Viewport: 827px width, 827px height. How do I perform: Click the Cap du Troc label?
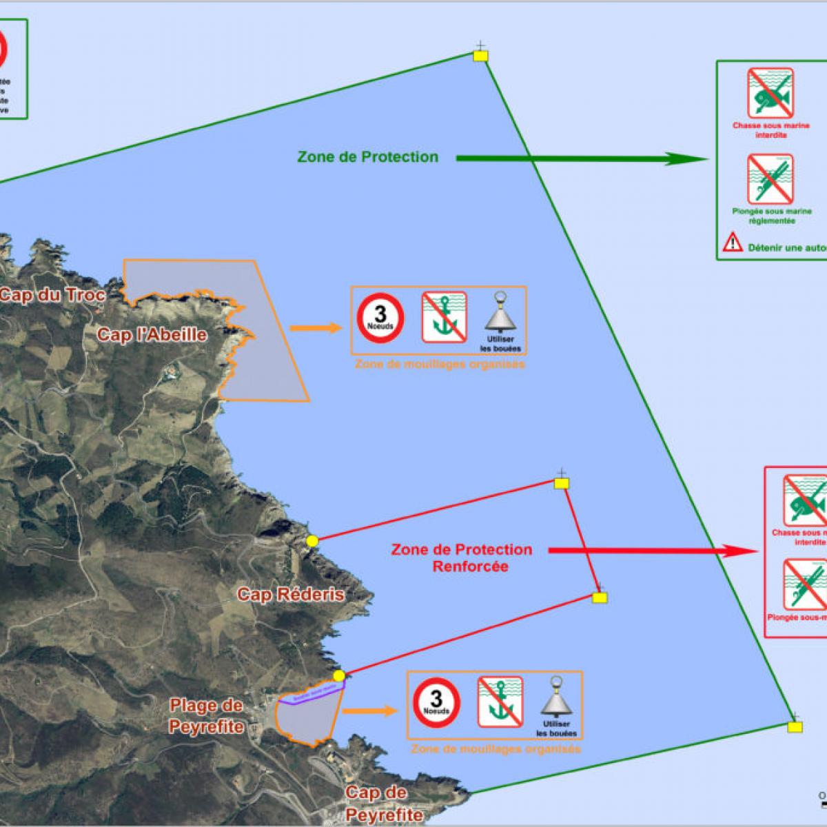click(52, 296)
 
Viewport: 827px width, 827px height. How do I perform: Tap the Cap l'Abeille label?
click(152, 335)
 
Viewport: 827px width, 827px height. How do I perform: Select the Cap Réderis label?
click(291, 594)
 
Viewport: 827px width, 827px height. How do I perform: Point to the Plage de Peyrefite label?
click(207, 716)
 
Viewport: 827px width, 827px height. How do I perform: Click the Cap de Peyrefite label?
click(384, 804)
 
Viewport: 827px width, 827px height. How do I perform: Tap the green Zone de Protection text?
click(368, 157)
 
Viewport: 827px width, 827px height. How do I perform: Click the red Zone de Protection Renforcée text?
click(462, 558)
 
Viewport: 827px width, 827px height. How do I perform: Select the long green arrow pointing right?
click(582, 159)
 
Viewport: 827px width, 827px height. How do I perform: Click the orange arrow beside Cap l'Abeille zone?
click(316, 327)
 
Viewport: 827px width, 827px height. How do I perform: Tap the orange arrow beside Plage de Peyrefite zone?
click(370, 711)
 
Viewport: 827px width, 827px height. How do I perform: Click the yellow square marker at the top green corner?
click(480, 56)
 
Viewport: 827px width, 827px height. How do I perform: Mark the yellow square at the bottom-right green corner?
click(795, 726)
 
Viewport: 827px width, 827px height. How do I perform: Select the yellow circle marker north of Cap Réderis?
click(312, 542)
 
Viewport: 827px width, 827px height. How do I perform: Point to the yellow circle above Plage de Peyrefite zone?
click(338, 675)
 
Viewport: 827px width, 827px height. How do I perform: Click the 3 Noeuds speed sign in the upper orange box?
click(380, 317)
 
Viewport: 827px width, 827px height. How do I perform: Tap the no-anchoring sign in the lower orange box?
click(500, 702)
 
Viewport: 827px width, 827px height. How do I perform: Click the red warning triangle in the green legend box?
click(732, 243)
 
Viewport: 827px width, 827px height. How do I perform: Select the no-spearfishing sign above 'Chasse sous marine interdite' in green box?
click(770, 92)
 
